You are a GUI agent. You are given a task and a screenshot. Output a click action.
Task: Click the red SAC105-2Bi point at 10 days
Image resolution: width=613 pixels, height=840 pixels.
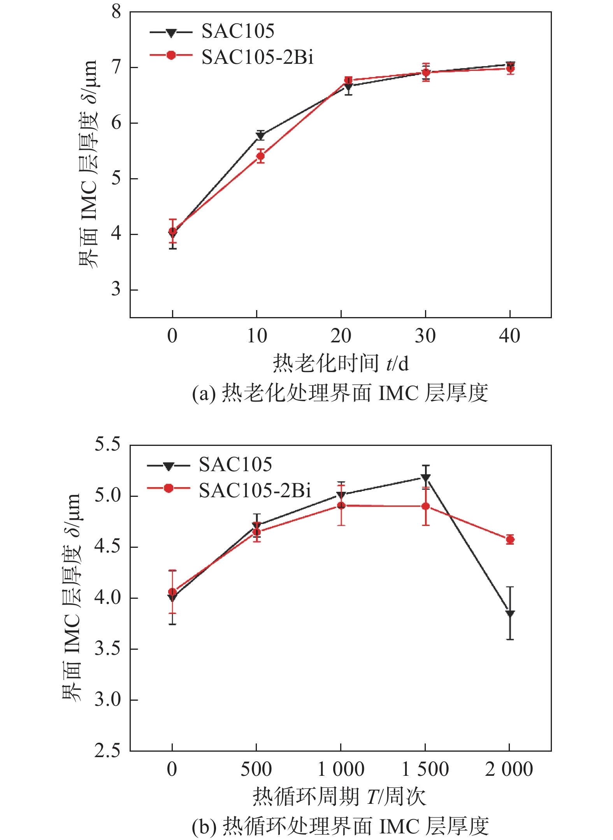(x=260, y=156)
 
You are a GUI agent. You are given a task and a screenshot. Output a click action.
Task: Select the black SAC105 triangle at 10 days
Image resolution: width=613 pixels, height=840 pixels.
(x=260, y=135)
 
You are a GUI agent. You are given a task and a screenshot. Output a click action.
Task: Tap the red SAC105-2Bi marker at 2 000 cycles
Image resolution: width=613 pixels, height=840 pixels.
(x=510, y=540)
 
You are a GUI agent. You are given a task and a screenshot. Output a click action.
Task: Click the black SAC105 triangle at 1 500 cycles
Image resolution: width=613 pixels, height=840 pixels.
(x=426, y=477)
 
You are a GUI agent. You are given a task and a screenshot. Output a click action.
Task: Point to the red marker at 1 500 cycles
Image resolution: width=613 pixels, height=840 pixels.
(x=426, y=506)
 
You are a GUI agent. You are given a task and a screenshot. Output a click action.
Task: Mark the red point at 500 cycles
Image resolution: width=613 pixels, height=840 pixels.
(x=256, y=532)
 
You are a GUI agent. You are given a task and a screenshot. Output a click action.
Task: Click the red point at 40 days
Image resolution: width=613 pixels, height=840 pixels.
(x=510, y=69)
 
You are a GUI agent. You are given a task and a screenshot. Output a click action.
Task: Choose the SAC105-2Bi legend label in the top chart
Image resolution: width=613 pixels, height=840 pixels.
(x=257, y=57)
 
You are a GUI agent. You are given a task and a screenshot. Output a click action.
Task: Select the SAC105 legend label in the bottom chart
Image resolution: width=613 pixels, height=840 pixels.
(x=235, y=465)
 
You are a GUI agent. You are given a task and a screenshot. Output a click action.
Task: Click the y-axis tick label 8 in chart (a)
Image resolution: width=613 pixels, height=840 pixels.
(x=116, y=12)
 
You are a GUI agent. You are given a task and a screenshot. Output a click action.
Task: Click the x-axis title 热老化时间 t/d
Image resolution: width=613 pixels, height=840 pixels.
(x=341, y=363)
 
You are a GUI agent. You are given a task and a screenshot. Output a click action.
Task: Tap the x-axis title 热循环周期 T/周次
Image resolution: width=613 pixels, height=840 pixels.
(x=339, y=796)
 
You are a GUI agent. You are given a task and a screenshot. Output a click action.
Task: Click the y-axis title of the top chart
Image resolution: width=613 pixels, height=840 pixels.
(x=88, y=163)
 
